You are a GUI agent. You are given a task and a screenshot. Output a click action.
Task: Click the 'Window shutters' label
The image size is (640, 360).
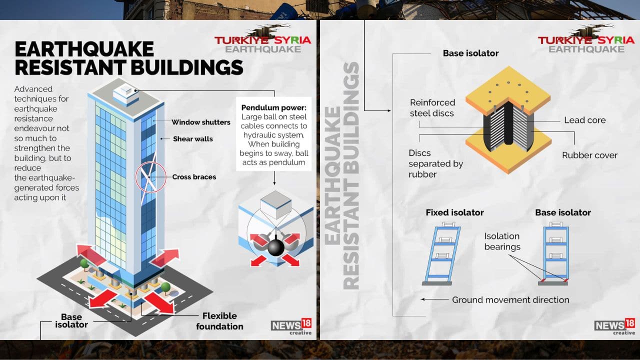[x=201, y=122]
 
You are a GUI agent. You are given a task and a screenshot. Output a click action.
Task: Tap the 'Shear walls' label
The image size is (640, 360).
[x=193, y=139]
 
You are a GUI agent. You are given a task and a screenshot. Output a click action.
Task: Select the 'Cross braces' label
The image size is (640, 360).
[x=194, y=177]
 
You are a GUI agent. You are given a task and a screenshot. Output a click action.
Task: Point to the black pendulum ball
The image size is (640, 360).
[x=275, y=248]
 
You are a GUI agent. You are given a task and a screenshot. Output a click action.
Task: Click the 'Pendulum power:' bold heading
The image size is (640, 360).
[x=273, y=107]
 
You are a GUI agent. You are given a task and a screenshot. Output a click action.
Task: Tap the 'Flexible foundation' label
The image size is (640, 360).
[x=219, y=321]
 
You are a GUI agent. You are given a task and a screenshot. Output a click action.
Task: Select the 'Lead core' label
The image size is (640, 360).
[x=585, y=120]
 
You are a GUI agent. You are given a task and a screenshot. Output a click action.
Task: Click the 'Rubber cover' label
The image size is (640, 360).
[x=589, y=155]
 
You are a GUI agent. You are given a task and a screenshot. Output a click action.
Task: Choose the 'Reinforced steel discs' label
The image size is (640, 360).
[x=432, y=107]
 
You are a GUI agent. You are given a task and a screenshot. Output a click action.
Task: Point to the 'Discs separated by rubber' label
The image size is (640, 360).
[x=435, y=163]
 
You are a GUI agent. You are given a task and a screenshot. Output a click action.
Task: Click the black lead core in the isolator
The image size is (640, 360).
[x=508, y=123]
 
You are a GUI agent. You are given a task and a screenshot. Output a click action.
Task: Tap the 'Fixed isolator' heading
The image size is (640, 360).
[x=454, y=212]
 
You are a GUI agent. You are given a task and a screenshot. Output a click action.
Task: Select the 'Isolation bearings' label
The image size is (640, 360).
[x=502, y=241]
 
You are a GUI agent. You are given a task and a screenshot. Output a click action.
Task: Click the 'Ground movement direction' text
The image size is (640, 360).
[x=510, y=299]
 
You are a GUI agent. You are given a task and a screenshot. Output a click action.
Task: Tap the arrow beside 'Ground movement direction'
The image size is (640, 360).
[x=434, y=299]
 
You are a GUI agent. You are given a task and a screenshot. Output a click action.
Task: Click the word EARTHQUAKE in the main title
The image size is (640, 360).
[x=84, y=49]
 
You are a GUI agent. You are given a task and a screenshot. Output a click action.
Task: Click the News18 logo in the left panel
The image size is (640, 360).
[x=291, y=326]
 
